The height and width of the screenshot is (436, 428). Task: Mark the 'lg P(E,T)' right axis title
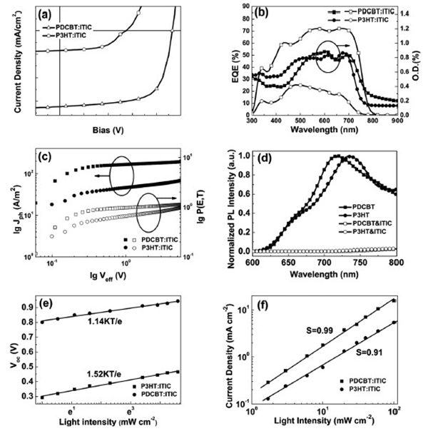pos(205,202)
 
